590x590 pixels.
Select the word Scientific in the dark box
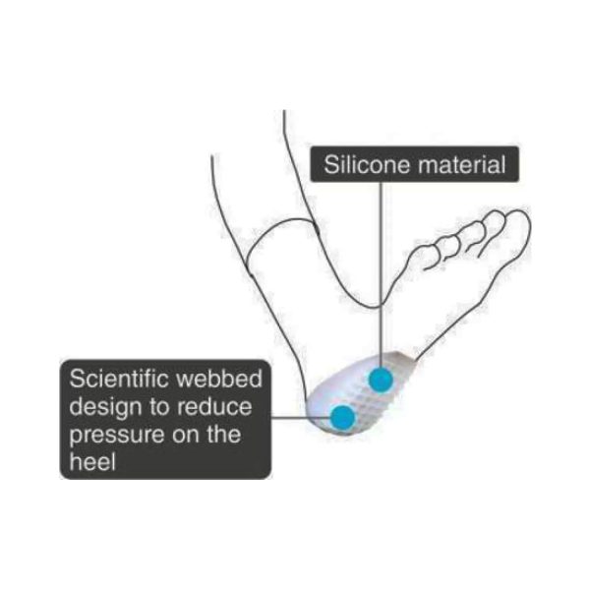(x=118, y=379)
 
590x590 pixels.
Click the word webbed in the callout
(x=219, y=379)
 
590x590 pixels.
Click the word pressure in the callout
(x=117, y=436)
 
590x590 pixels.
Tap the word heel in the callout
(x=92, y=461)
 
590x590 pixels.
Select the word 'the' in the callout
(x=223, y=434)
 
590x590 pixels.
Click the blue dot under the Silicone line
(x=381, y=380)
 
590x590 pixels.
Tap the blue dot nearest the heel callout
(x=343, y=417)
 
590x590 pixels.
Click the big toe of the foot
(x=517, y=226)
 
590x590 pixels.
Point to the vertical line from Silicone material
(x=381, y=274)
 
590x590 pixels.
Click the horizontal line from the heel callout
(x=301, y=417)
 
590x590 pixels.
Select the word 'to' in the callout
(x=158, y=407)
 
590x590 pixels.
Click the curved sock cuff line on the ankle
(x=278, y=225)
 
